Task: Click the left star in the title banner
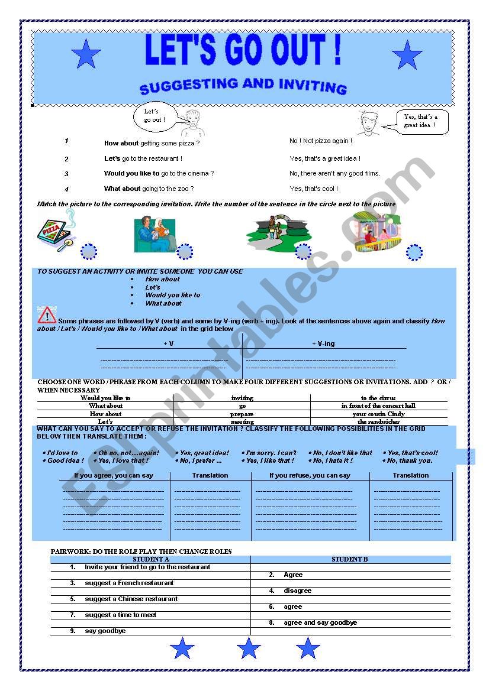86,54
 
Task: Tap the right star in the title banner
407,56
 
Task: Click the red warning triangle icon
47,314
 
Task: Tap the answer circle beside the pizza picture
88,252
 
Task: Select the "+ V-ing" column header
323,343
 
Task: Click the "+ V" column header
169,343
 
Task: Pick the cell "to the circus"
378,398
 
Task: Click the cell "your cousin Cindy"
378,414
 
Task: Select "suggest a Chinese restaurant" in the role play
131,599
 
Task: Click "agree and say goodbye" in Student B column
320,622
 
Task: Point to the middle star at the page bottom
249,648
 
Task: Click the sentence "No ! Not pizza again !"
321,141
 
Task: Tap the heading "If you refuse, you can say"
310,475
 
